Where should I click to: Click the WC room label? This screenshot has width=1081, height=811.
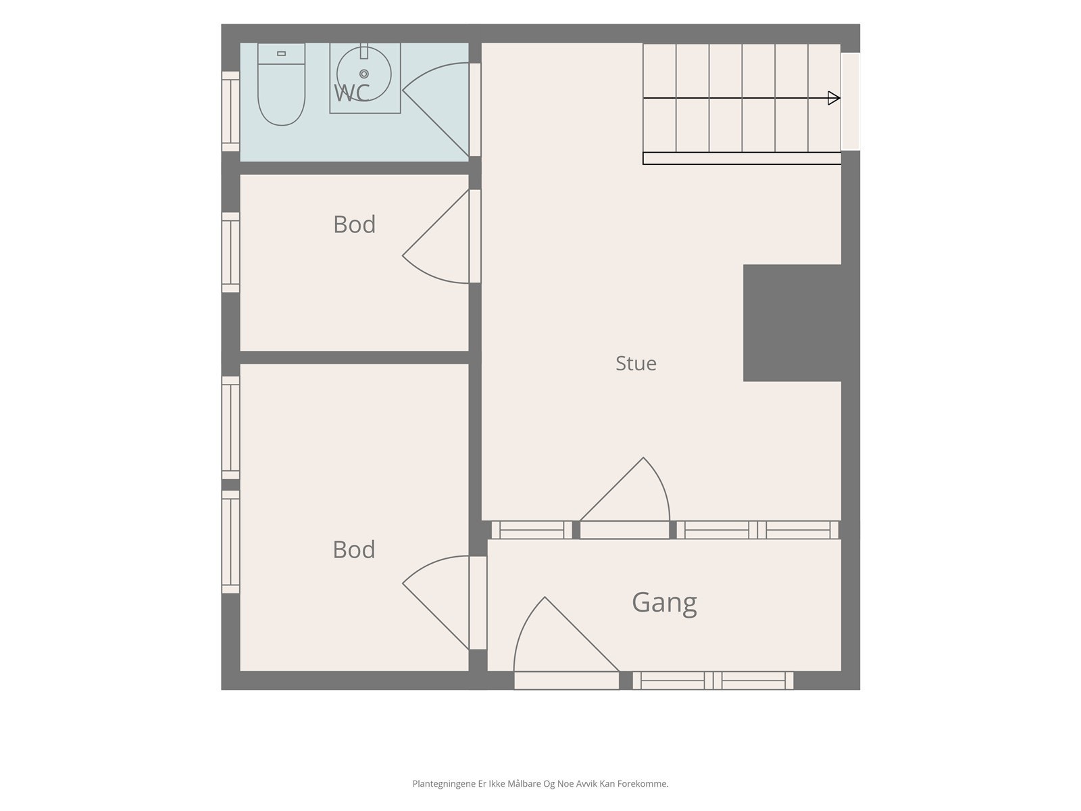point(351,93)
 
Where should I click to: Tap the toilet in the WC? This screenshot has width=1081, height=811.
point(281,84)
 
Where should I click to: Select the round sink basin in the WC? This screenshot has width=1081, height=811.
point(364,74)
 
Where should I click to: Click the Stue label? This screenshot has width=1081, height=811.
point(636,364)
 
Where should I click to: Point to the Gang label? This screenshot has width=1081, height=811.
point(664,603)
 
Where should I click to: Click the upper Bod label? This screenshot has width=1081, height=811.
point(354,224)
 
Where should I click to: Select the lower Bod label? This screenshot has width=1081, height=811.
point(353,549)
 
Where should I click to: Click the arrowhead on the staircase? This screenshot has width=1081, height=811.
point(834,98)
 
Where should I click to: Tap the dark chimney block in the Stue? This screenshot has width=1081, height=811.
point(792,323)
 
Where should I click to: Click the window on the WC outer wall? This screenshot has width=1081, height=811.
point(230,112)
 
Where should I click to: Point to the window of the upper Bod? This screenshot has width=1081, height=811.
point(230,252)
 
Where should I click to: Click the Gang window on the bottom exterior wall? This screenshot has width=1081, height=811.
point(713,681)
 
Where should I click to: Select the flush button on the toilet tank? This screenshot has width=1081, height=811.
point(281,53)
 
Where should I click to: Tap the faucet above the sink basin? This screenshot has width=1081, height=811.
point(364,51)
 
